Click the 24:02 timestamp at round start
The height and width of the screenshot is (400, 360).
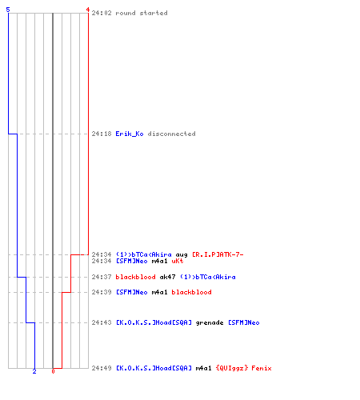[x=102, y=13]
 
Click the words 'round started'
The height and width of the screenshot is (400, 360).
[x=142, y=13]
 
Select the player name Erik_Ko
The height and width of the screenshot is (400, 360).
[x=130, y=134]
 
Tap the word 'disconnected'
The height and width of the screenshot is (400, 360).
[x=172, y=134]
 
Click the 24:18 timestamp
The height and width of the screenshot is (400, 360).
[x=102, y=134]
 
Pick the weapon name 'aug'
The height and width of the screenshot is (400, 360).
[x=182, y=254]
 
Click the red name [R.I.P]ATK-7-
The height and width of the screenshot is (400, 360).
[x=218, y=254]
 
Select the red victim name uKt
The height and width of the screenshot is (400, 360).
[x=178, y=261]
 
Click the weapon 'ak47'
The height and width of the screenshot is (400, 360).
[x=168, y=277]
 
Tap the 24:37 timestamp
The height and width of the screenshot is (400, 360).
[x=102, y=277]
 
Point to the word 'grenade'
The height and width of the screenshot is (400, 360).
[x=210, y=322]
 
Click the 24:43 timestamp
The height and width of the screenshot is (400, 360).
[x=102, y=322]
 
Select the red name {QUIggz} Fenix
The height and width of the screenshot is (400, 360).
[x=244, y=368]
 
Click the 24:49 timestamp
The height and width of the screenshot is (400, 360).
[x=102, y=368]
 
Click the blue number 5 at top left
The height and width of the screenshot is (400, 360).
[x=8, y=10]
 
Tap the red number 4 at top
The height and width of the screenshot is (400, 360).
[x=87, y=10]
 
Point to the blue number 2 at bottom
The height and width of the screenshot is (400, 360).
[x=34, y=371]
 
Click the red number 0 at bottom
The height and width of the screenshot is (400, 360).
[x=53, y=371]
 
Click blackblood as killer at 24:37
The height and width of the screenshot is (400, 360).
[x=135, y=277]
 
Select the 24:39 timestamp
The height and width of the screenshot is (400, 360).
[x=102, y=292]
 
